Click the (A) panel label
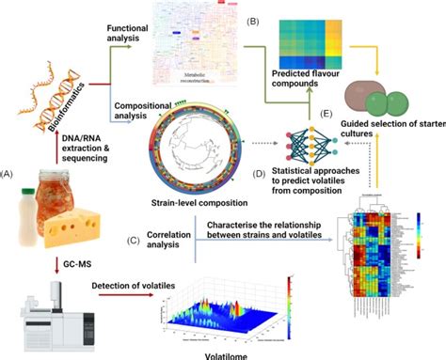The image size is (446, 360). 10,174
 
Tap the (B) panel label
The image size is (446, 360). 253,20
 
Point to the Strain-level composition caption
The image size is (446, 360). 192,200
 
